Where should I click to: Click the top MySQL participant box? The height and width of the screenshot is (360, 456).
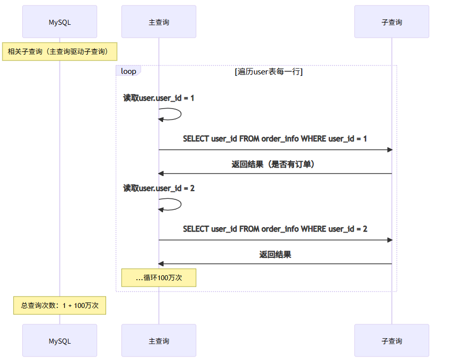click(59, 22)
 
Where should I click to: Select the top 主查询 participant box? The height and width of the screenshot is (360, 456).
click(159, 22)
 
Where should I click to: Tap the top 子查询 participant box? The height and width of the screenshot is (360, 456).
click(392, 22)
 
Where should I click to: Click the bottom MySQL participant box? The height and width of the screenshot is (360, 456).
click(59, 341)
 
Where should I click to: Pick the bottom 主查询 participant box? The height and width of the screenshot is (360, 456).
click(159, 341)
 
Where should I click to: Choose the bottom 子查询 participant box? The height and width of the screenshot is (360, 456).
click(392, 341)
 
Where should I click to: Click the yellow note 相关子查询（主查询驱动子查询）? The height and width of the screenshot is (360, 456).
click(59, 51)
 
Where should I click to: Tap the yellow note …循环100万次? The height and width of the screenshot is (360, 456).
click(159, 278)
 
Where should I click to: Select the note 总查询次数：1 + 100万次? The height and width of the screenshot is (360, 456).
click(59, 305)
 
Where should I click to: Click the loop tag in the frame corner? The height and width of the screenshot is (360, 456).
click(128, 71)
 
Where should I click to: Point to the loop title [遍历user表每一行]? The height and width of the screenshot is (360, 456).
click(269, 71)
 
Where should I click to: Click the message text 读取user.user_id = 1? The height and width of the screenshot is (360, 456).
click(159, 98)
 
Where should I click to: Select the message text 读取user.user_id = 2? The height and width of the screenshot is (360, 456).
click(159, 188)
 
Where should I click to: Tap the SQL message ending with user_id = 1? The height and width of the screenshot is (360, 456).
click(275, 139)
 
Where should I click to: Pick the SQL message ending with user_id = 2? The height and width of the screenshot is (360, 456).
click(275, 229)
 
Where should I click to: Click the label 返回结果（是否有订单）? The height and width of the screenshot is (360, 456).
click(275, 165)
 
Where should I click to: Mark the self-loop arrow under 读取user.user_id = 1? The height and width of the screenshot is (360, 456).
click(176, 114)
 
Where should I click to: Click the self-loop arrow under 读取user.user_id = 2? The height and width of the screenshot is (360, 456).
click(176, 204)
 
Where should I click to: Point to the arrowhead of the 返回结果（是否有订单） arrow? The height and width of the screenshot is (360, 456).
click(161, 174)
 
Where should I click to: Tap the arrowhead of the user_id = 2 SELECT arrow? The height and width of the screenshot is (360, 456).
click(390, 240)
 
